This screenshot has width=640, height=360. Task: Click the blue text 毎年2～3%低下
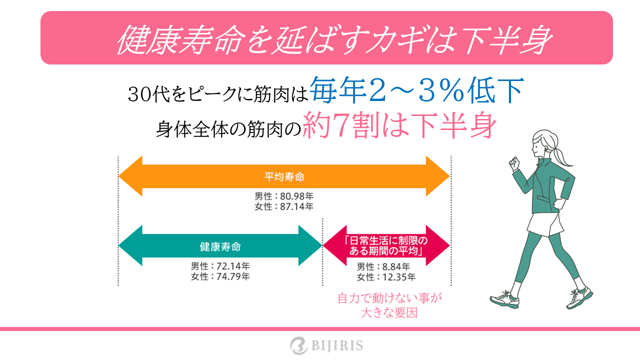point(416,90)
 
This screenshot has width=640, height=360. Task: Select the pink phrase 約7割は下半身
point(399,125)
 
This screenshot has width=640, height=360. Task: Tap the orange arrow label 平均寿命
point(284,177)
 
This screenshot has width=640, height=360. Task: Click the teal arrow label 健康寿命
point(220,246)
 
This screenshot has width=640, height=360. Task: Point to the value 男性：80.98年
point(284,196)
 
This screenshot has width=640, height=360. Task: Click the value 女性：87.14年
point(284,206)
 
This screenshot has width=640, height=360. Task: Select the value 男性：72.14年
point(220,266)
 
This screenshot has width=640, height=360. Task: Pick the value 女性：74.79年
point(220,276)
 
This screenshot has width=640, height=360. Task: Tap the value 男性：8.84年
point(383,266)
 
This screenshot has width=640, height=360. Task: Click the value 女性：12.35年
point(386,277)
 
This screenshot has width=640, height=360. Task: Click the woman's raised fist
point(513,163)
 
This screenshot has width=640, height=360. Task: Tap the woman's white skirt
point(544,225)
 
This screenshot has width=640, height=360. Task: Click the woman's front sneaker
point(504,299)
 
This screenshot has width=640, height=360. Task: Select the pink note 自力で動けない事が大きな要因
point(389,305)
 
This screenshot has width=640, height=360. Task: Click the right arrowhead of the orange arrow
point(437,176)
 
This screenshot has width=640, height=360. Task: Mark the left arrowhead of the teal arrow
point(130,245)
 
